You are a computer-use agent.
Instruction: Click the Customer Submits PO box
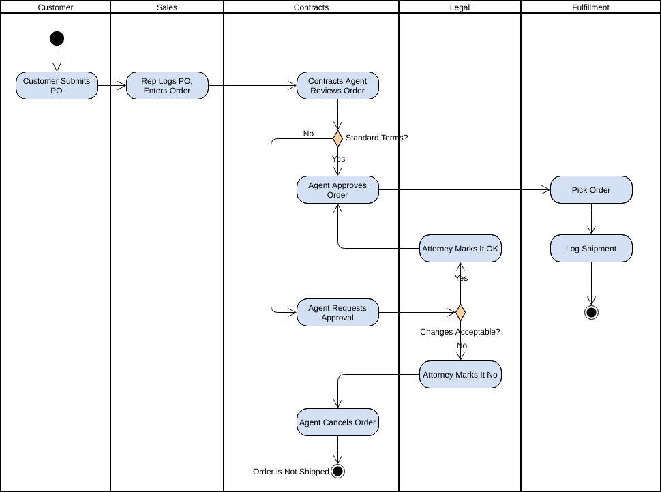pos(57,86)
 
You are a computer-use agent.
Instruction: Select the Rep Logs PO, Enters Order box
pos(167,86)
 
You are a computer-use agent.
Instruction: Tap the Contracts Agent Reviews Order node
pos(337,86)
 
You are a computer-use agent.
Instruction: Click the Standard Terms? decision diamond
pos(337,138)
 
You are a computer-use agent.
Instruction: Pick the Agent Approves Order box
pos(337,190)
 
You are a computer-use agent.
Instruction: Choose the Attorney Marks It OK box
pos(460,249)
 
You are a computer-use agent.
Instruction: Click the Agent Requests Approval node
pos(337,313)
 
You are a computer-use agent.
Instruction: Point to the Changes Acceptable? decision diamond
pos(460,313)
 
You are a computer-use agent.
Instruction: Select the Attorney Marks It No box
pos(460,375)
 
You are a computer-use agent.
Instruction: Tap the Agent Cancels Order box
pos(337,422)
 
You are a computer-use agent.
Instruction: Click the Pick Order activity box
pos(591,190)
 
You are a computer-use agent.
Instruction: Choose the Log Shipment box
pos(591,249)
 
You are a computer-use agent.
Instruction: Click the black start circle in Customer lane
pos(57,38)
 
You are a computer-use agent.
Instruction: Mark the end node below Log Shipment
pos(591,313)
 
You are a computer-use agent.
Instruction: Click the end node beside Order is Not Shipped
pos(337,471)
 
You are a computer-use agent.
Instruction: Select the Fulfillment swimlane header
pos(590,7)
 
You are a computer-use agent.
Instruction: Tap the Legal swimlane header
pos(460,7)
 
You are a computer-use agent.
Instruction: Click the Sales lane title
pos(166,7)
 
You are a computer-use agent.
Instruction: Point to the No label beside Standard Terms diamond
pos(308,134)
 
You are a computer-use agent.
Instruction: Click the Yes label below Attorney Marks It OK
pos(462,278)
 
